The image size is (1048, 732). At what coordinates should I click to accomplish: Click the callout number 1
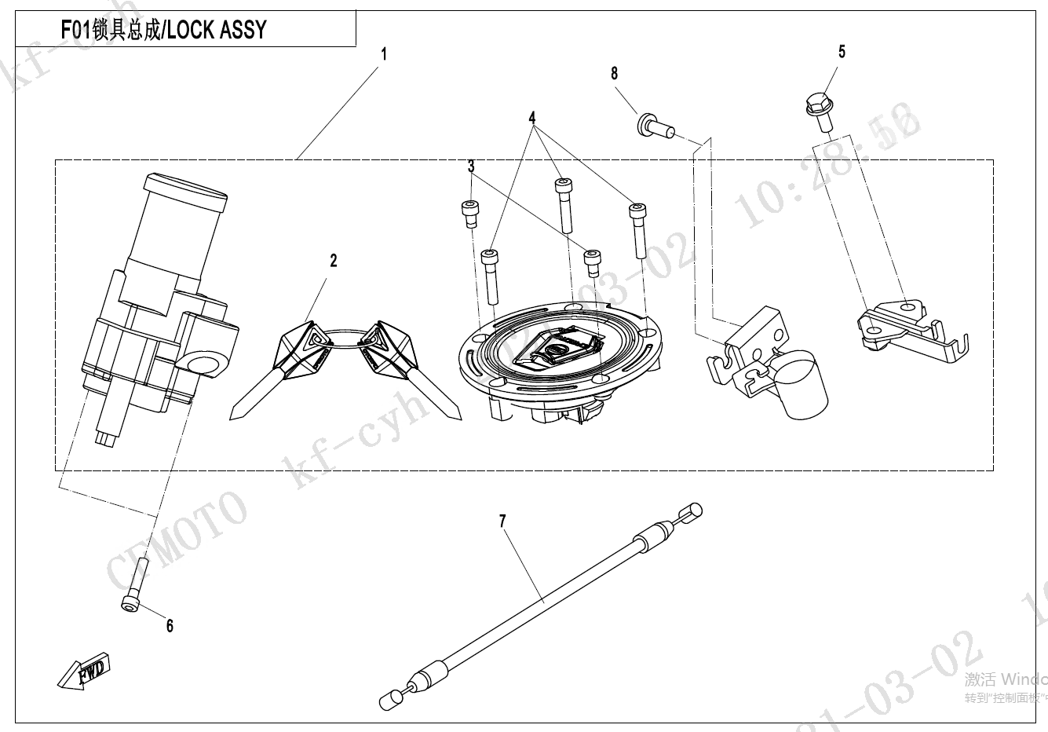tap(384, 54)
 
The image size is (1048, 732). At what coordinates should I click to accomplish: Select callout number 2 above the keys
tap(333, 260)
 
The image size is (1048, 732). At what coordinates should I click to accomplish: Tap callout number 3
tap(471, 167)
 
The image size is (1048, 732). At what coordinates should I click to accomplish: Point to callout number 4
tap(532, 118)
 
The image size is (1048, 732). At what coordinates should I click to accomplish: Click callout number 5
tap(842, 52)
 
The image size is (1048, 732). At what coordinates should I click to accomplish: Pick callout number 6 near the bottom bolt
tap(170, 625)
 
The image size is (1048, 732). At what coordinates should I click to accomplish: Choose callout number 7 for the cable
tap(502, 521)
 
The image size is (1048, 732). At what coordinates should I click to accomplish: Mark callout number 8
tap(614, 73)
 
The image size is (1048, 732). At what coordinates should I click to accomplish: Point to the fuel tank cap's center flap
tap(560, 346)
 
